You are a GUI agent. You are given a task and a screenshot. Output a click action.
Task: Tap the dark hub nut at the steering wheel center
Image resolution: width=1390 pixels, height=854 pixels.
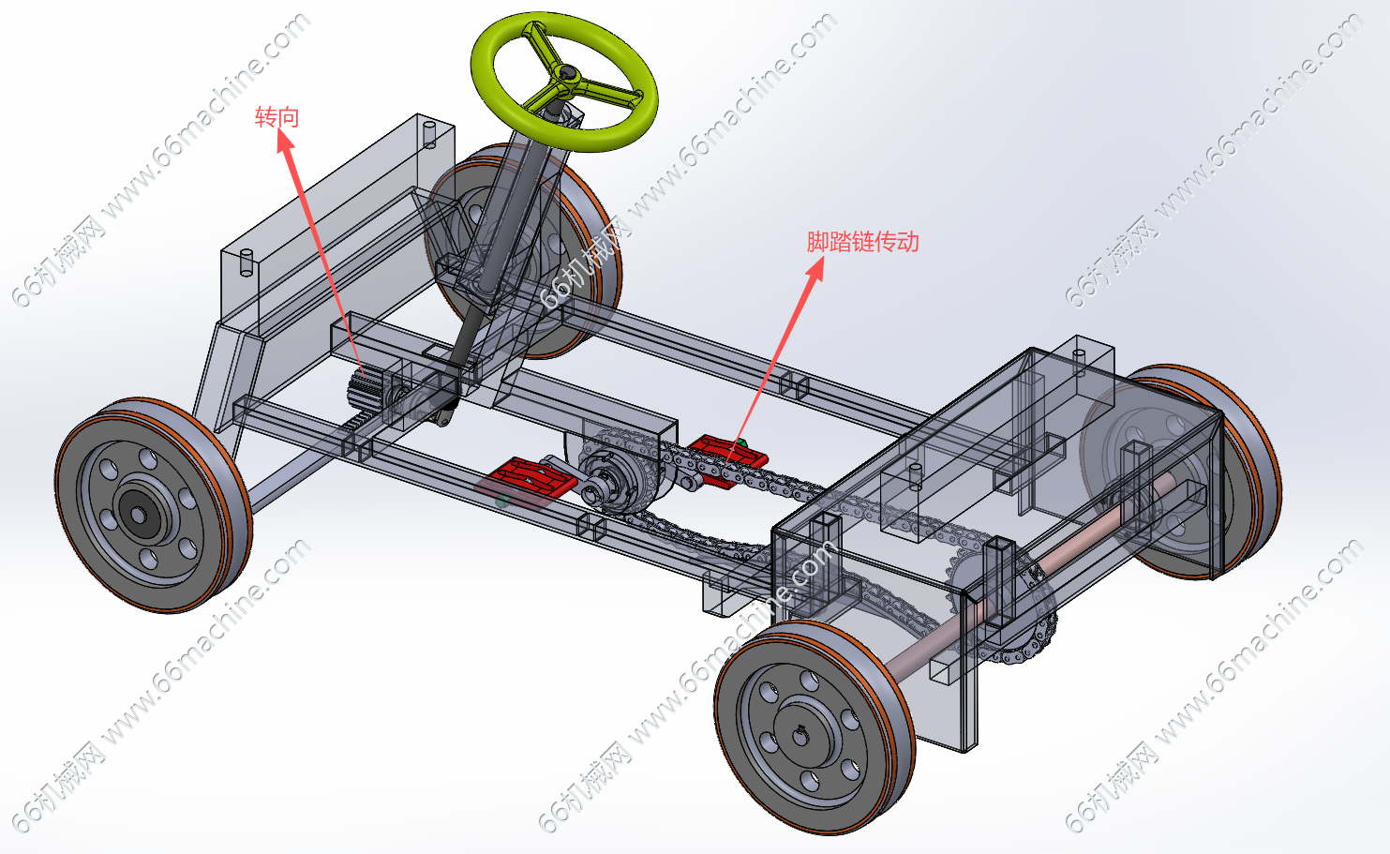click(x=567, y=71)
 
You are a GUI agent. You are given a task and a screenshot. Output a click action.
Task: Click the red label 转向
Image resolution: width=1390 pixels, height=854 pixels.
click(x=277, y=117)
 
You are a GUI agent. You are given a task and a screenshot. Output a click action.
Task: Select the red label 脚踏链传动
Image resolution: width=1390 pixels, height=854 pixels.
click(x=862, y=242)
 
